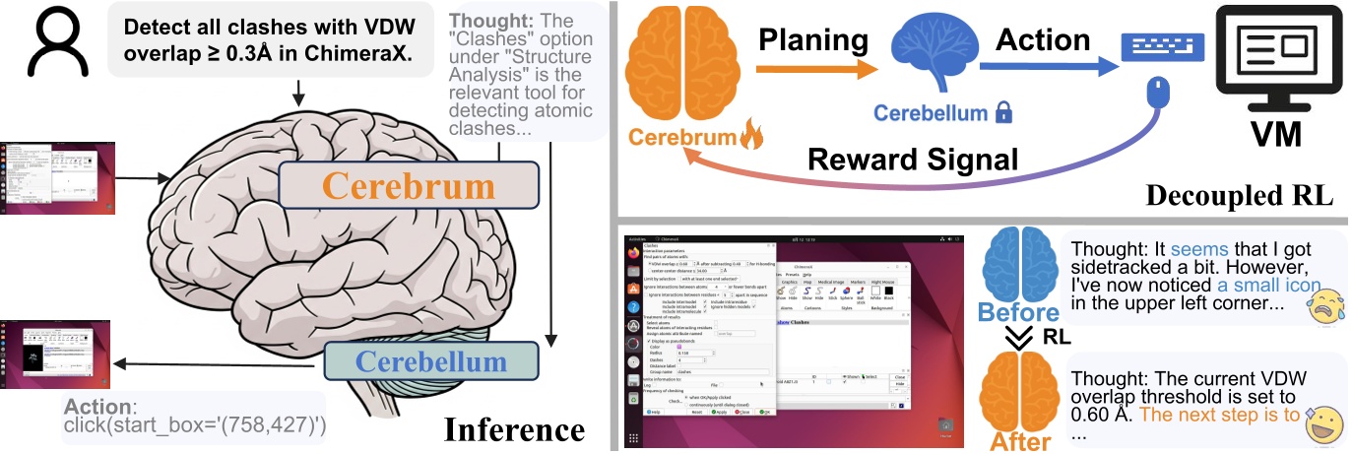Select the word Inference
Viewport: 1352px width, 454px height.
click(514, 429)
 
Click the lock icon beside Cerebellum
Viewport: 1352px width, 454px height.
click(1003, 113)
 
